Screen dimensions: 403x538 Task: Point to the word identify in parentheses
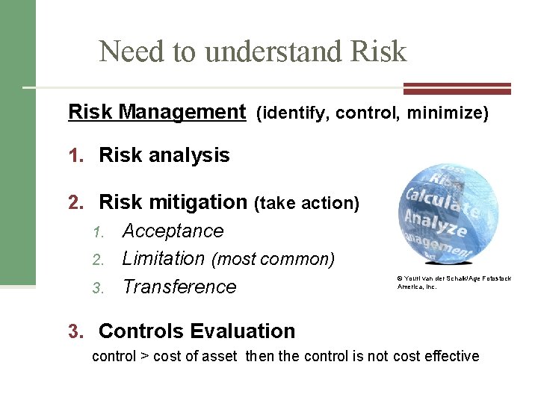(293, 113)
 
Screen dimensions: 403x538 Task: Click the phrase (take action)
(307, 203)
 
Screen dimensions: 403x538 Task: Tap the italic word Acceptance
(173, 231)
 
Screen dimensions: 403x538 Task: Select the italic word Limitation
(163, 258)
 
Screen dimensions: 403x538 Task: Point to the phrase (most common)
(273, 260)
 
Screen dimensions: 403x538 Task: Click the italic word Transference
(179, 287)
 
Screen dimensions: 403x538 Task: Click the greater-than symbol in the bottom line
(143, 356)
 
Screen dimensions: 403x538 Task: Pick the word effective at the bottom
(448, 356)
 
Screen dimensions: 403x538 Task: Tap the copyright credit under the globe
(454, 282)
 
